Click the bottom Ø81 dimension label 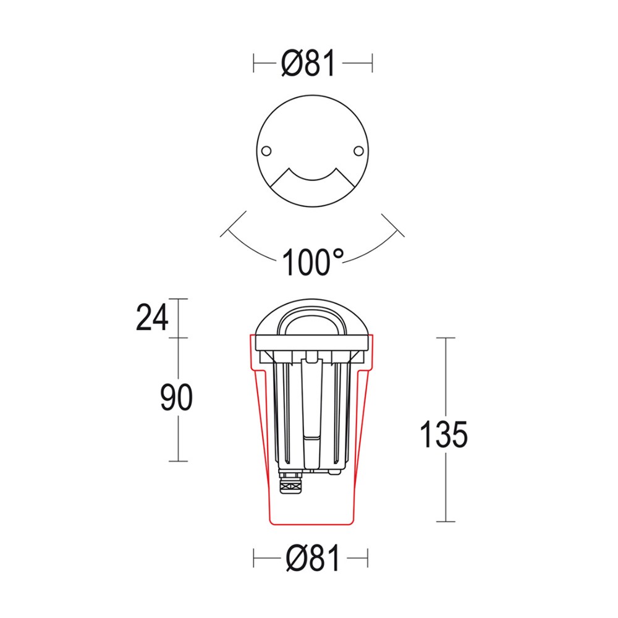pyautogui.click(x=313, y=559)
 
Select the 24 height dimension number pyautogui.click(x=151, y=318)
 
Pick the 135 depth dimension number pyautogui.click(x=443, y=434)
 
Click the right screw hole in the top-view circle pyautogui.click(x=358, y=150)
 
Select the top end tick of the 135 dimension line pyautogui.click(x=446, y=338)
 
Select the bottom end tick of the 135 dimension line pyautogui.click(x=446, y=522)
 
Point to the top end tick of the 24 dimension pyautogui.click(x=178, y=298)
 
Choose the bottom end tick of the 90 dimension pyautogui.click(x=178, y=461)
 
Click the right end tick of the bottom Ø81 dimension pyautogui.click(x=371, y=559)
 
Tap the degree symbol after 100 pyautogui.click(x=337, y=253)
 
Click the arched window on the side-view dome pyautogui.click(x=312, y=321)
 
